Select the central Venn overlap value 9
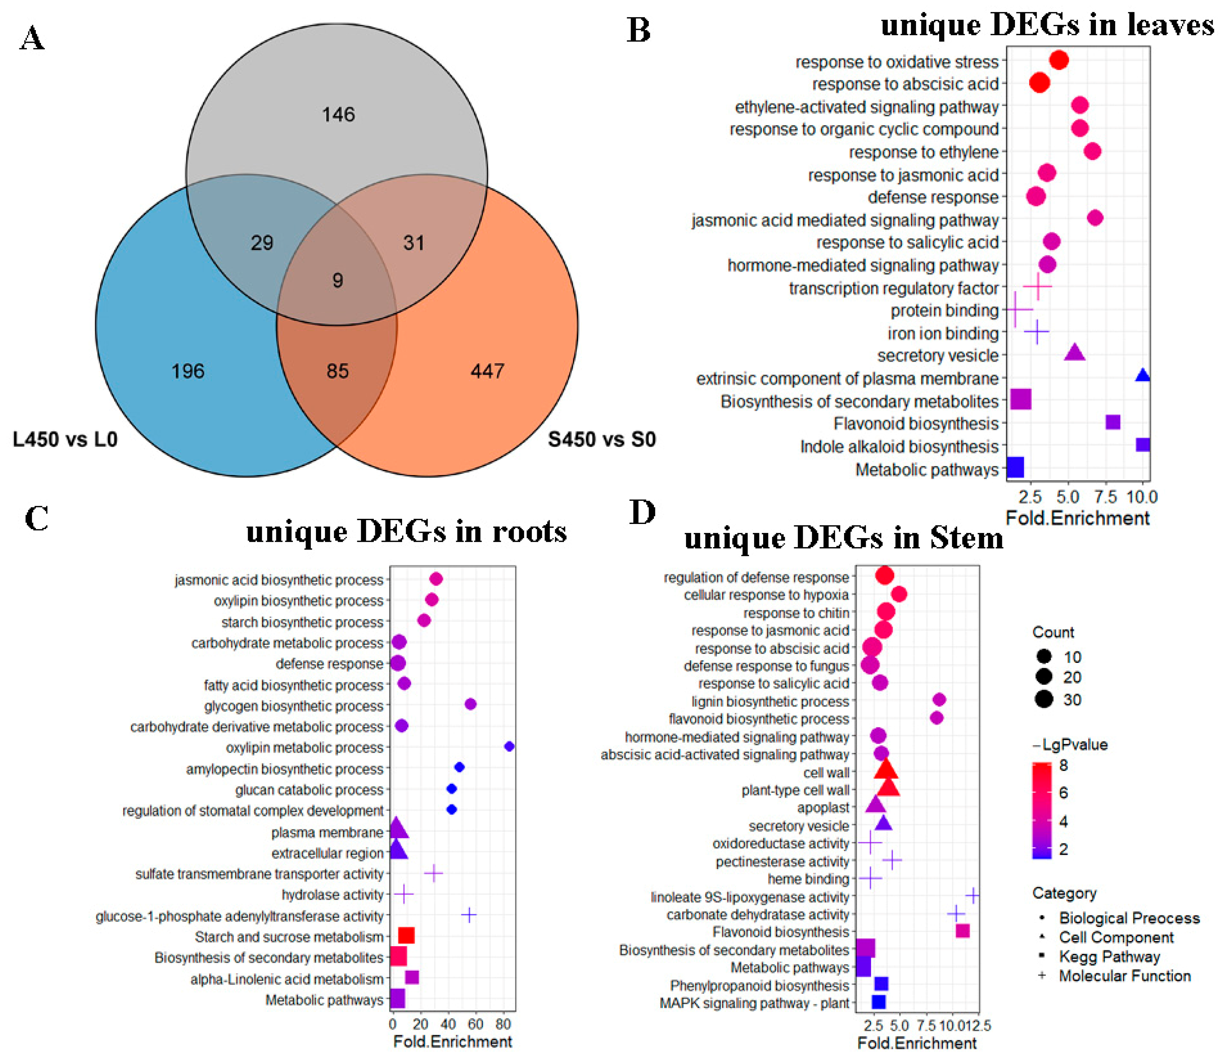point(338,280)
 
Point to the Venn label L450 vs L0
point(65,440)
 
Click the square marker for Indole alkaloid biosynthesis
point(1142,445)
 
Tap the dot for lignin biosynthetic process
point(939,700)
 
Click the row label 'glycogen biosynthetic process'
point(294,706)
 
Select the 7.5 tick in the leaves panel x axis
point(1106,497)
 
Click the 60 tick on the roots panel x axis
point(475,1024)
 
